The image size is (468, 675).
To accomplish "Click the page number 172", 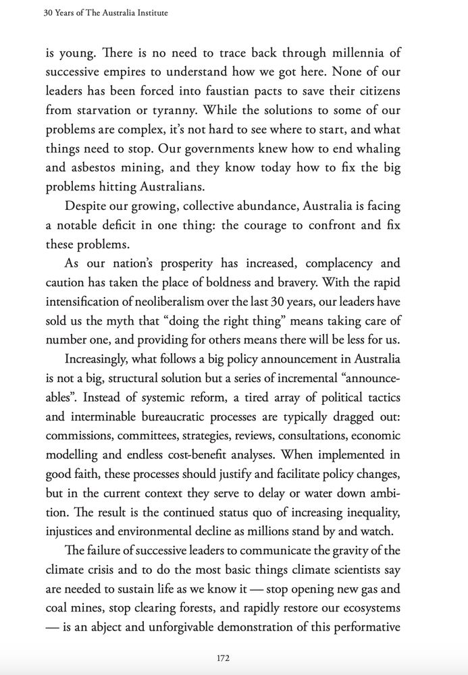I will pyautogui.click(x=234, y=657).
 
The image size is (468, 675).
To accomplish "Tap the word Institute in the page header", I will pyautogui.click(x=148, y=12).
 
